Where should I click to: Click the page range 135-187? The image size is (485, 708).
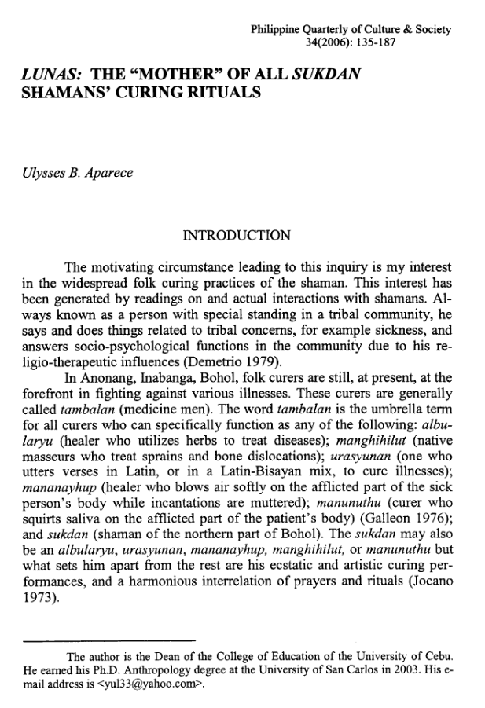pos(375,43)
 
